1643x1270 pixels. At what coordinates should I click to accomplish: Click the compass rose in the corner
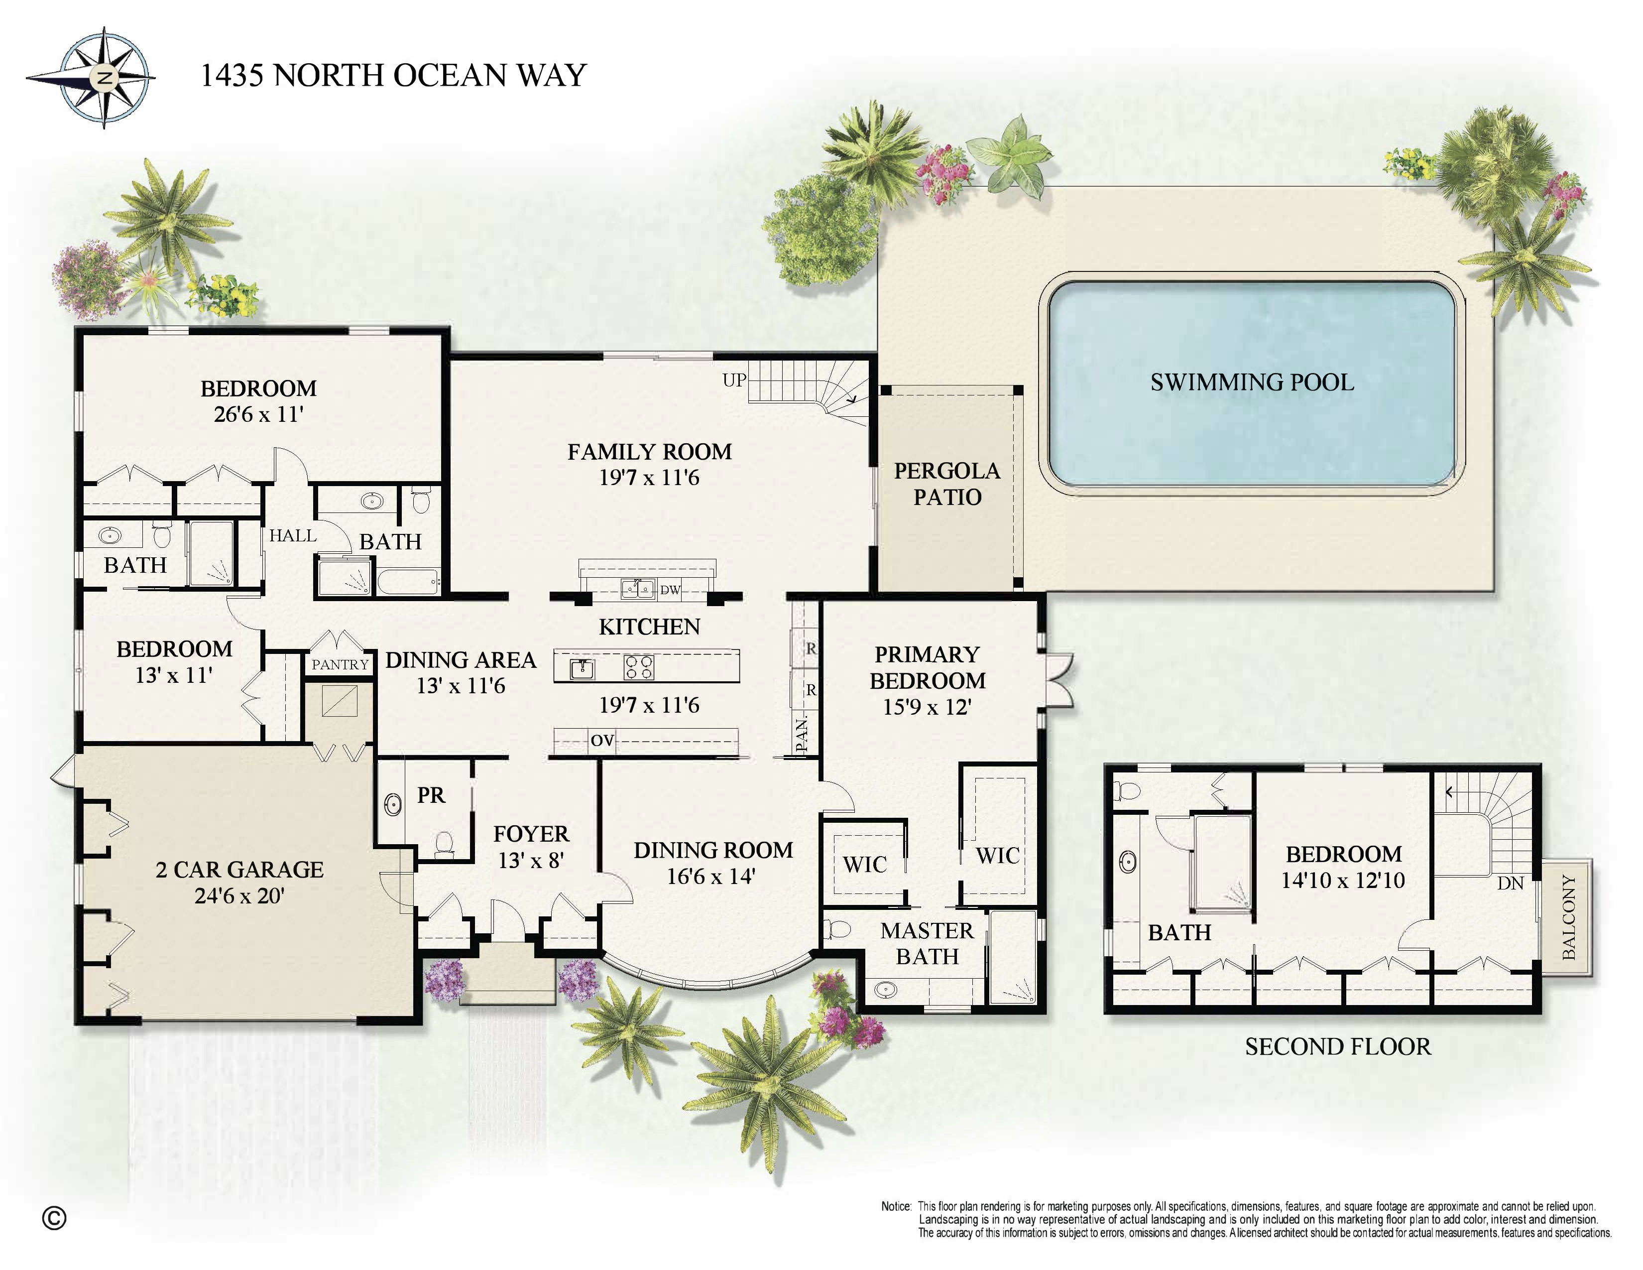[x=103, y=78]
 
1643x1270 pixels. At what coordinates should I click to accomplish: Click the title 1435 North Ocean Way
[x=393, y=75]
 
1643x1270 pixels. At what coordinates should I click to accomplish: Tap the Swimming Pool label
[x=1251, y=382]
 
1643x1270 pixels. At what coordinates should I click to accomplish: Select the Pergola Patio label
[x=946, y=484]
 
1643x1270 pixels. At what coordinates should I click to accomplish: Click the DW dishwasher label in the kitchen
[x=670, y=590]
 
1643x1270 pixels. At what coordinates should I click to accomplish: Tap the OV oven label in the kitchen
[x=602, y=740]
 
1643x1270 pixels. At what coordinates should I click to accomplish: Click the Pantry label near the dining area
[x=340, y=664]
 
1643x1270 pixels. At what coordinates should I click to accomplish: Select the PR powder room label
[x=431, y=795]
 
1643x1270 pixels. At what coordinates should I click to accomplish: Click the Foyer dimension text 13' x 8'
[x=531, y=860]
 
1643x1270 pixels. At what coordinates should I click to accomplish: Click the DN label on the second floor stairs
[x=1510, y=884]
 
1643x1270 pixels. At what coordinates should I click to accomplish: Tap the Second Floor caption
[x=1337, y=1046]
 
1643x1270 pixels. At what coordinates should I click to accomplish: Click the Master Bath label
[x=927, y=943]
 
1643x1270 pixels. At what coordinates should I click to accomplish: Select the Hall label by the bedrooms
[x=293, y=536]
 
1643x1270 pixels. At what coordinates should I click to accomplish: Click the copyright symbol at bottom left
[x=54, y=1218]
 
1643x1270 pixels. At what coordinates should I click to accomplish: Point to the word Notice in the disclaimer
[x=896, y=1207]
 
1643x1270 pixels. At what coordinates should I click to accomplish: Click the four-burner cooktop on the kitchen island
[x=639, y=666]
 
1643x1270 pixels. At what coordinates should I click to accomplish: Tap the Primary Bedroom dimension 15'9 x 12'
[x=927, y=707]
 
